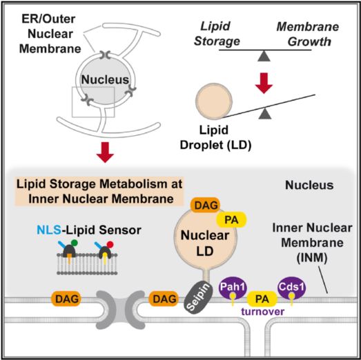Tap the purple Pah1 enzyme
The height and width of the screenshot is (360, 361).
(x=233, y=288)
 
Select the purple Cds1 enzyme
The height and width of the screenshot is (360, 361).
(x=292, y=288)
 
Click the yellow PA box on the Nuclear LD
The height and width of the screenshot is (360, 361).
(x=231, y=220)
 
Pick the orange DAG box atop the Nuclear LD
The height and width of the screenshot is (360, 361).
(x=206, y=205)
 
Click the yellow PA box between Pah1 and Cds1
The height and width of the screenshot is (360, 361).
(x=262, y=299)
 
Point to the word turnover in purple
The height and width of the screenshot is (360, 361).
(x=263, y=312)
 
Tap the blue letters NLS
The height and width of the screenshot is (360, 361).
(x=49, y=230)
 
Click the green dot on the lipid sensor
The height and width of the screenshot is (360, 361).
(x=75, y=243)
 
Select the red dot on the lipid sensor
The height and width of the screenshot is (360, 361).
(x=110, y=244)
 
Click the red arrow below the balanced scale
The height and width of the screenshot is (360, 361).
(x=264, y=83)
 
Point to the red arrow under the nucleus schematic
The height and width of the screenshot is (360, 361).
(x=105, y=152)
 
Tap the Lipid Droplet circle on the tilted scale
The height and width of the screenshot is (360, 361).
(x=214, y=101)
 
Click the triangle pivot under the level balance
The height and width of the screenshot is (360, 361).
(x=264, y=57)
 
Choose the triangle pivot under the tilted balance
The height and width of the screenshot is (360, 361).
(x=265, y=114)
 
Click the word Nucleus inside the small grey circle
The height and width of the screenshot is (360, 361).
(x=105, y=79)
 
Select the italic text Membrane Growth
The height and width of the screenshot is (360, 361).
(x=308, y=34)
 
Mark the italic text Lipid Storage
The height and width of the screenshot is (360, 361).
(x=217, y=34)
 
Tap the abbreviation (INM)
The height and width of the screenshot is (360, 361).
(x=311, y=258)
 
